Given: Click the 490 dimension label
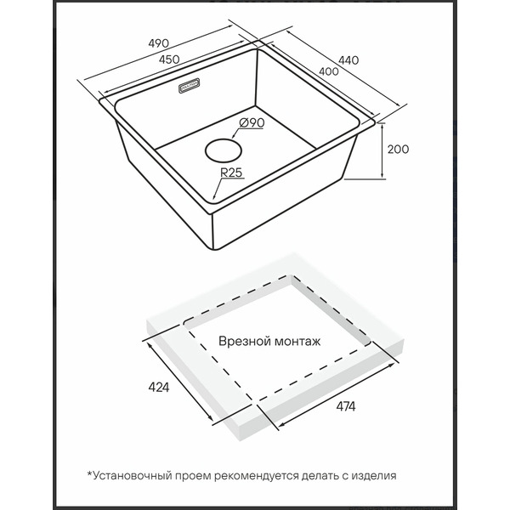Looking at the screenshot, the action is (159, 43).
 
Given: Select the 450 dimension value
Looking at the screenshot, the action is (169, 59).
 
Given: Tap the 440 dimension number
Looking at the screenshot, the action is (348, 60).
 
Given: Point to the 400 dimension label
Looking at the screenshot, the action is (328, 71).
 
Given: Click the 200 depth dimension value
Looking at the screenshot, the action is (398, 150).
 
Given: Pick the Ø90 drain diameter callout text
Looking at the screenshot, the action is (252, 123).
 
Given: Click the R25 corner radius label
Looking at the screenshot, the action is (231, 173).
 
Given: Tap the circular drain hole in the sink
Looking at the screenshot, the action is (224, 150).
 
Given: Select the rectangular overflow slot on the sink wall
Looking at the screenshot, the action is (190, 86).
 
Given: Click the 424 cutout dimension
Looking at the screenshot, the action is (159, 387).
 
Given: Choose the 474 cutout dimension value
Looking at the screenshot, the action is (346, 406).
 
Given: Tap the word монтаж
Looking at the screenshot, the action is (298, 343).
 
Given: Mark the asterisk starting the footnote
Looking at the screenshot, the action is (90, 473).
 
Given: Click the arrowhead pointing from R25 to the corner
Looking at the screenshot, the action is (213, 197).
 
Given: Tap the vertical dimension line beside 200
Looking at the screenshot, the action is (382, 151).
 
